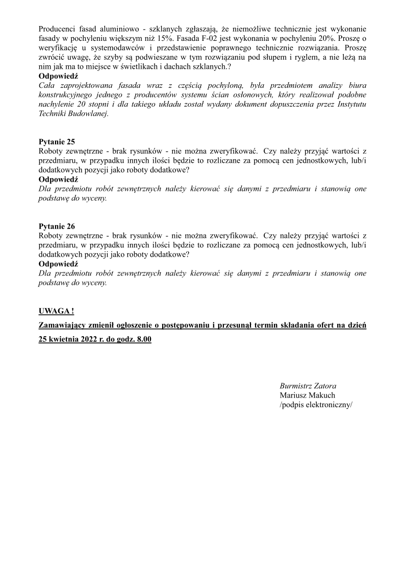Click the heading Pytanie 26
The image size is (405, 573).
click(57, 226)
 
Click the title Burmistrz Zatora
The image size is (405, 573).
click(308, 386)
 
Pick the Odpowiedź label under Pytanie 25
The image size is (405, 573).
click(58, 179)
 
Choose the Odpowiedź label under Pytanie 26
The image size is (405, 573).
click(58, 264)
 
